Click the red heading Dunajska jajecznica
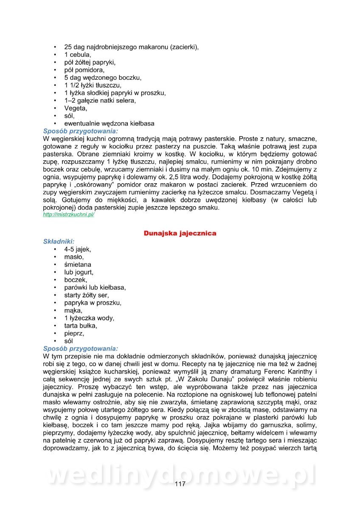(x=180, y=233)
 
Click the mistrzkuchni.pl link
(x=68, y=215)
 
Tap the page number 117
(x=180, y=484)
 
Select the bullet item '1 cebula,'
(x=77, y=54)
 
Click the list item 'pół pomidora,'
(x=84, y=70)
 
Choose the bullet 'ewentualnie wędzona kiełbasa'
(x=109, y=123)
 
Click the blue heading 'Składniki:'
(x=59, y=241)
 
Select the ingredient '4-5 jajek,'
(x=78, y=249)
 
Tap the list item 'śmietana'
(x=78, y=264)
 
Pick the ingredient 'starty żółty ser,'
(x=87, y=295)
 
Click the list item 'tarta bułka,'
(x=81, y=325)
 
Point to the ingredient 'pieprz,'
(x=74, y=333)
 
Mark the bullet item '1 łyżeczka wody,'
(x=89, y=318)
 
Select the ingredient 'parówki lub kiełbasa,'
(x=95, y=287)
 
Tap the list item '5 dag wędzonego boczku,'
(x=103, y=77)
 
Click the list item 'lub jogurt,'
(x=79, y=272)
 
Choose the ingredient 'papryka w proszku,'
(x=93, y=302)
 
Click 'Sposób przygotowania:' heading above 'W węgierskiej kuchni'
(x=81, y=131)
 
